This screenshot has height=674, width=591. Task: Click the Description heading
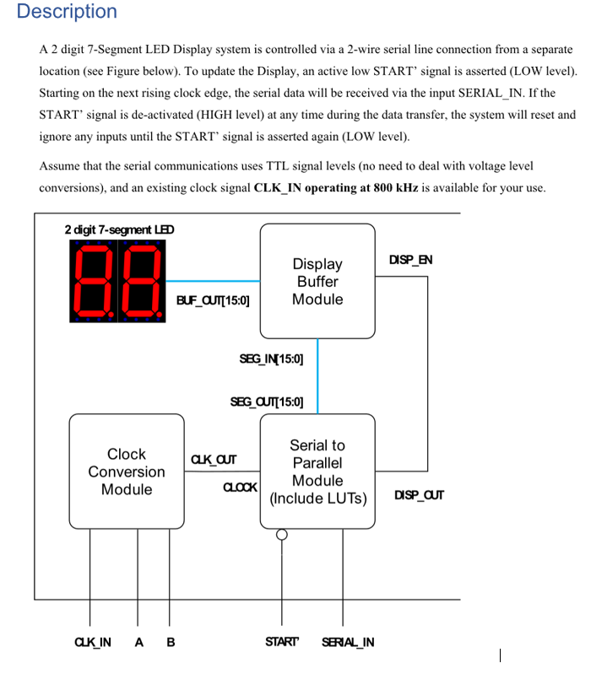[x=67, y=12]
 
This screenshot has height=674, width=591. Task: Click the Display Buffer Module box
[x=317, y=281]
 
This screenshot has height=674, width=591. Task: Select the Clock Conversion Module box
[x=126, y=472]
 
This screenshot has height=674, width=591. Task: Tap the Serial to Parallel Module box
[x=317, y=472]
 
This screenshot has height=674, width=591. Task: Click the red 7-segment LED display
[x=118, y=281]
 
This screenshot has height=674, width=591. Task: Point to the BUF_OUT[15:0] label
[x=213, y=299]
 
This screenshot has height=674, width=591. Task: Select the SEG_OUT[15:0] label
[x=267, y=402]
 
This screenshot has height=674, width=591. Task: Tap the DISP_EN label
[x=410, y=259]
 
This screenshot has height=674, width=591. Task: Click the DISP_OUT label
[x=419, y=494]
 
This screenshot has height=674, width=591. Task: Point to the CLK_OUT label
[x=214, y=460]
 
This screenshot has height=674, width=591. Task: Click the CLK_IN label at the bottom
[x=93, y=642]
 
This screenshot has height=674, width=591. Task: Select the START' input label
[x=282, y=642]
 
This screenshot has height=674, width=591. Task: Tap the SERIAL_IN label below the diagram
[x=348, y=642]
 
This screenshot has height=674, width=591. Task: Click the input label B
[x=171, y=642]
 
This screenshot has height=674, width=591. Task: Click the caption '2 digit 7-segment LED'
[x=119, y=229]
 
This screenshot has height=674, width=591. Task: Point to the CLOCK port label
[x=240, y=488]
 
